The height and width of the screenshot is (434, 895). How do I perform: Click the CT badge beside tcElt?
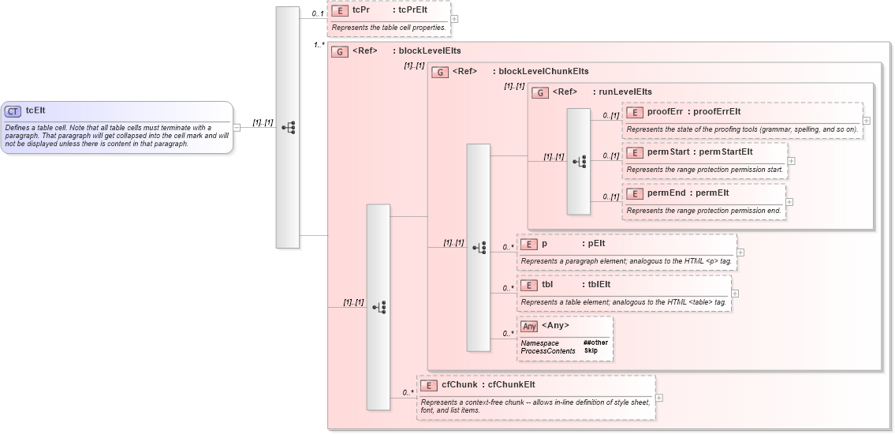coord(13,111)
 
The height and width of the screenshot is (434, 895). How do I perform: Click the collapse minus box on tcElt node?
coord(237,127)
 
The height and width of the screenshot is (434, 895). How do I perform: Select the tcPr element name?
coord(361,10)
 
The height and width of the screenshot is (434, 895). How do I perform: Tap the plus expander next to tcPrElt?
coord(454,19)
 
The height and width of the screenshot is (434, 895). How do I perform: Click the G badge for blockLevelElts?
coord(339,52)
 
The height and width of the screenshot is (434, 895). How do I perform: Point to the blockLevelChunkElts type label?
coord(543,71)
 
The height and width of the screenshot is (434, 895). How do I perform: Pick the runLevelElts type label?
coord(625,92)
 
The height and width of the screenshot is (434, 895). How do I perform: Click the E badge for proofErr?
coord(634,112)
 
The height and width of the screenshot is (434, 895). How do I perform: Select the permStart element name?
coord(669,152)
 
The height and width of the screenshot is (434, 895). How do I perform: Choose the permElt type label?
coord(711,193)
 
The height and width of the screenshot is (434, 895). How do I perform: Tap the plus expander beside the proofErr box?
coord(867,121)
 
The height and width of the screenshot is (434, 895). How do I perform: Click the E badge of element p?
coord(528,244)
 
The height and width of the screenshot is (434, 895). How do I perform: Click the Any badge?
coord(529,326)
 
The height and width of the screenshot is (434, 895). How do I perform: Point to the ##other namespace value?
coord(595,342)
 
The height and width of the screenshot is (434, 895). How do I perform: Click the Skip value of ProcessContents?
coord(591,350)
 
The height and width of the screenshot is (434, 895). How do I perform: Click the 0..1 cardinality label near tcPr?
coord(318,13)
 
